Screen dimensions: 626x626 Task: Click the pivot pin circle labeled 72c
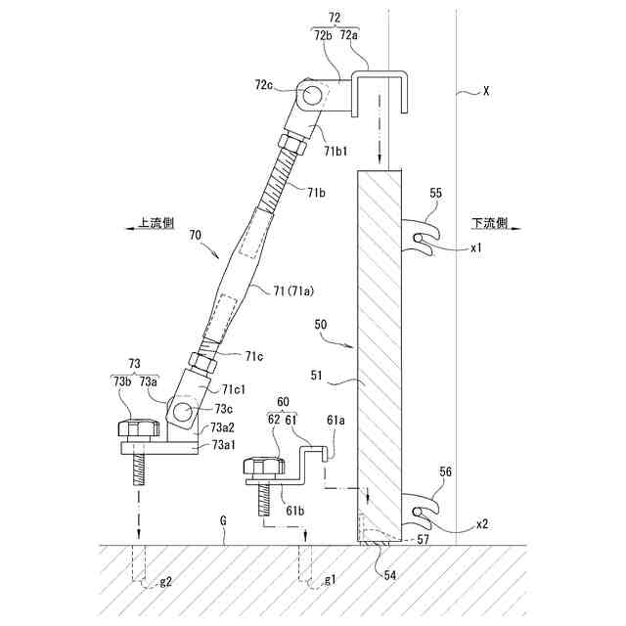[310, 96]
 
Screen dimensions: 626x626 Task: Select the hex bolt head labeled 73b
[139, 428]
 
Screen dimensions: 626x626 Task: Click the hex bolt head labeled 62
[263, 466]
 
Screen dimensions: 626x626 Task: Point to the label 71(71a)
[293, 291]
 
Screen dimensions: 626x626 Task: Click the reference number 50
[320, 324]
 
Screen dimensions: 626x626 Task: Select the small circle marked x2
[418, 512]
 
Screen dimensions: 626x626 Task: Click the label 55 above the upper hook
[436, 194]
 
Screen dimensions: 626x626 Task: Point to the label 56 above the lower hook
[445, 471]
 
